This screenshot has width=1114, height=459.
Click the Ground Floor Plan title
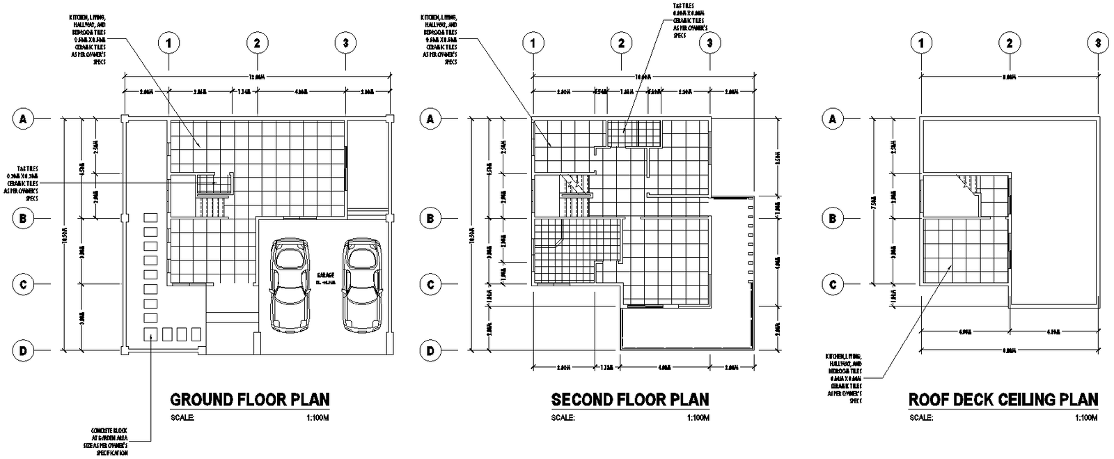click(250, 400)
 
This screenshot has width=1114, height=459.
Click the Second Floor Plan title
click(630, 400)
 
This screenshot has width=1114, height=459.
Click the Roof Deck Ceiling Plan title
click(1003, 400)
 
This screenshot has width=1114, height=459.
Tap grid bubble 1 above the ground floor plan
click(169, 43)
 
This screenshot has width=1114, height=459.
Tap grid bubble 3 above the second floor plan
click(709, 43)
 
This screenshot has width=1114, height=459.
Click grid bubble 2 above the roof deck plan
click(1009, 43)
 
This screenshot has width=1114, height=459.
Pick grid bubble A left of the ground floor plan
click(24, 119)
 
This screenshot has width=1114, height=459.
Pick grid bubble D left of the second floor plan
click(430, 351)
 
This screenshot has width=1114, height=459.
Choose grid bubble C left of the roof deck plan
click(831, 284)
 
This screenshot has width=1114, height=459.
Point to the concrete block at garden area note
click(109, 441)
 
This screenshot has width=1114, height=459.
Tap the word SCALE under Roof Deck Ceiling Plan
click(920, 418)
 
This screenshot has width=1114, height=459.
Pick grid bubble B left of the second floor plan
click(430, 219)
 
